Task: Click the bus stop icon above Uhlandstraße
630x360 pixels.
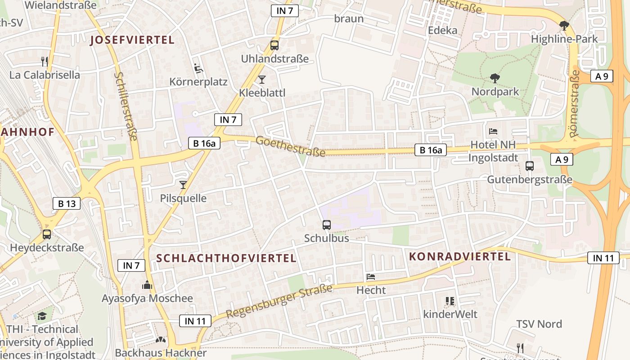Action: (274, 45)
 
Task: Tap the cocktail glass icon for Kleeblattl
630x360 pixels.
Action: (262, 80)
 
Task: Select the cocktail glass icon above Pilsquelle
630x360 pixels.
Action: (183, 184)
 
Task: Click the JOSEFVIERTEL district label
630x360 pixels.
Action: (132, 40)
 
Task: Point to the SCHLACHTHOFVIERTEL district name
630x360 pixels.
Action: (226, 258)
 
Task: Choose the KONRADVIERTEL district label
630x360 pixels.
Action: (460, 256)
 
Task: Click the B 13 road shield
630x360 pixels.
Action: (67, 203)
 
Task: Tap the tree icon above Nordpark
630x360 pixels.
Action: (495, 78)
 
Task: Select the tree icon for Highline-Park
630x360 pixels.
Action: (564, 26)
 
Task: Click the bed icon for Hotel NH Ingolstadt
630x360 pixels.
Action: (493, 131)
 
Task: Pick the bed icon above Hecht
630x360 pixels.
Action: (371, 276)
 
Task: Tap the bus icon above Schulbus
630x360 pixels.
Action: (327, 225)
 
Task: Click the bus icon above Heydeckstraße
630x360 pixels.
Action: (47, 234)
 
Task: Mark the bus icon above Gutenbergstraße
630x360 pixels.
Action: (530, 166)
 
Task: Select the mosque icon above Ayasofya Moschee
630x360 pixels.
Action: (147, 285)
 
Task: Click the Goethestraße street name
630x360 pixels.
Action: (290, 147)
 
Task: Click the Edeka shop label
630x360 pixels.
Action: (442, 30)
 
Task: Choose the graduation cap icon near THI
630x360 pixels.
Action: (42, 316)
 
